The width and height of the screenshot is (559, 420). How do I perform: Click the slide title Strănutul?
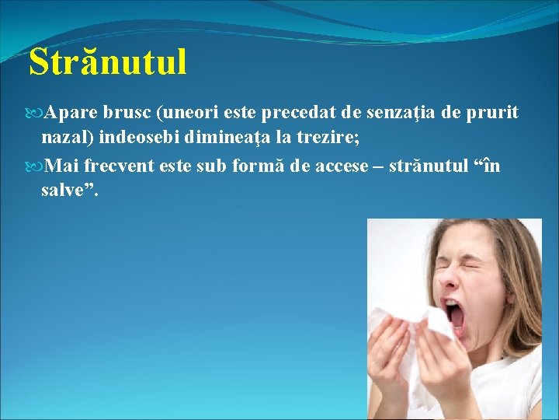[x=108, y=62]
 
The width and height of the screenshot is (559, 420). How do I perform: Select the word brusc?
[x=127, y=114]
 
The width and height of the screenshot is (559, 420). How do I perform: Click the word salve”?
[x=70, y=192]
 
